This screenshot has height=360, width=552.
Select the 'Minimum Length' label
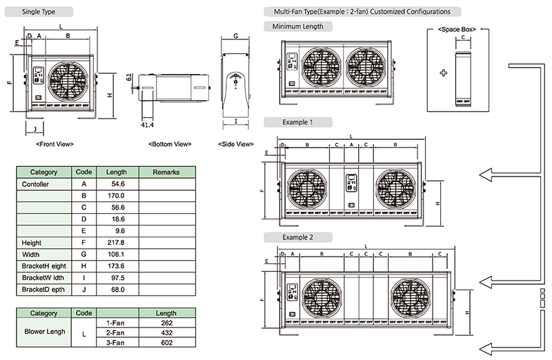tap(298, 26)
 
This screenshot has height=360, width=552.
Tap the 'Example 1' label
tap(297, 122)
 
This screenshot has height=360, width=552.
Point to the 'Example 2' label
tap(297, 237)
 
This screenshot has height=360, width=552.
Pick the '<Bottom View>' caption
tap(170, 144)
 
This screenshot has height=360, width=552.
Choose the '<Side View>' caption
tap(235, 144)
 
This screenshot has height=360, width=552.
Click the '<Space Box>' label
tap(457, 30)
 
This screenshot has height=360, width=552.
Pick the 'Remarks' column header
tap(166, 172)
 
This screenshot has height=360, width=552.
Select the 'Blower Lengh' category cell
tap(44, 331)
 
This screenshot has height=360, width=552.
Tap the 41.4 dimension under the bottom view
tap(146, 125)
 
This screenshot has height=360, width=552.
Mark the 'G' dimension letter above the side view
tap(235, 35)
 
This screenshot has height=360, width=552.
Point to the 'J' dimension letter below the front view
tap(34, 128)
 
